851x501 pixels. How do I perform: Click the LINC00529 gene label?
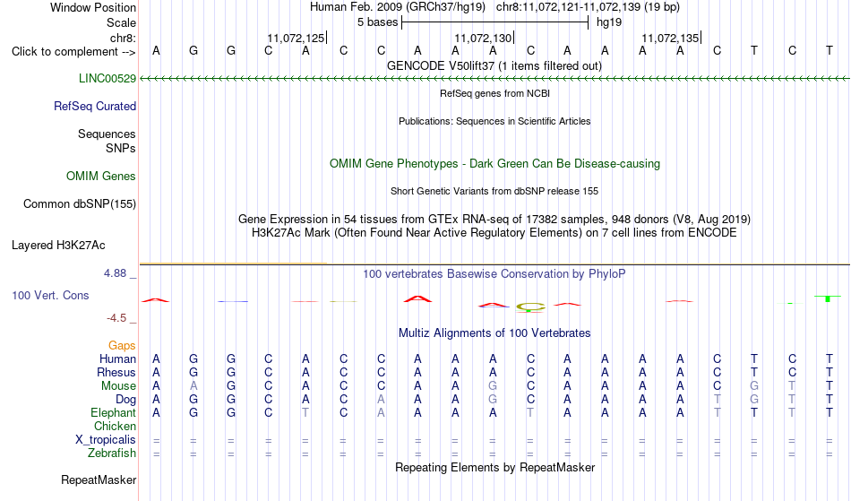pos(107,79)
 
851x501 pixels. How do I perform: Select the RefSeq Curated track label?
pos(95,107)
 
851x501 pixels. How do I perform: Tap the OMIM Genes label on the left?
pos(101,177)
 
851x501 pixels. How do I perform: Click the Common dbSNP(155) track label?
pos(80,204)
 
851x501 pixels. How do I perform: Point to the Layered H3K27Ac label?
pos(58,246)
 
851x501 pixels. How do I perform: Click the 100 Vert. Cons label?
pos(50,295)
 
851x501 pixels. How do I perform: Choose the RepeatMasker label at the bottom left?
pos(99,480)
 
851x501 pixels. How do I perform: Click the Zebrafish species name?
pos(112,453)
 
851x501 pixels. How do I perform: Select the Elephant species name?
pos(113,413)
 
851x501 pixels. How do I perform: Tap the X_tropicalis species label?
pos(106,440)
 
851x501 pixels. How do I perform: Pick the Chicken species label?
pos(115,427)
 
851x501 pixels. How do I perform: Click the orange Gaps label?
pos(122,346)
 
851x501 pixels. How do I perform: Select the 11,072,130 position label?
pos(483,39)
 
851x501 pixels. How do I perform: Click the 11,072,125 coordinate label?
pos(296,39)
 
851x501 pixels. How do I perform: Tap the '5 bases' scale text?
pos(378,22)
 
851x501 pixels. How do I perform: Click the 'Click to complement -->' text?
pos(73,52)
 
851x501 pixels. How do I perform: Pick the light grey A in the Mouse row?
pos(193,386)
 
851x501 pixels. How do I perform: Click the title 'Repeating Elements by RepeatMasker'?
pos(495,468)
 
